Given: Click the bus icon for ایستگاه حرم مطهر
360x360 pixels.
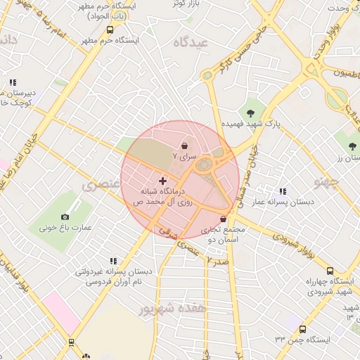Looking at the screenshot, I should click(110, 30).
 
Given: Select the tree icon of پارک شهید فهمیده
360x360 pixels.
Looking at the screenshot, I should click(250, 111).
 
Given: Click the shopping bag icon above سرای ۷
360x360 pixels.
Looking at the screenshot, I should click(185, 146).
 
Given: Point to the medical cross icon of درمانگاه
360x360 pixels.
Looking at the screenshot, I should click(162, 181).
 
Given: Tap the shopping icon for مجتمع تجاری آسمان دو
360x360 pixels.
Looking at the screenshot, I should click(224, 219).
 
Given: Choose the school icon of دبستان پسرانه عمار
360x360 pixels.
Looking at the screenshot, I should click(283, 191).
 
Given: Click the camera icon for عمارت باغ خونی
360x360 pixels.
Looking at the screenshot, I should click(65, 217).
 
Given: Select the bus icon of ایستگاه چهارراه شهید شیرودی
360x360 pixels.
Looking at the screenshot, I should click(330, 271).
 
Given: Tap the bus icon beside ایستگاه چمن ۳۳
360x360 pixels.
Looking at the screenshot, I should click(302, 329).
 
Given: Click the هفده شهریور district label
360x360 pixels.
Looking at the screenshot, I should click(173, 308).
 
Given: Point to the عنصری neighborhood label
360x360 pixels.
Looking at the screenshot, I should click(99, 186).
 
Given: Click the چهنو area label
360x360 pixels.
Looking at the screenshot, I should click(328, 184).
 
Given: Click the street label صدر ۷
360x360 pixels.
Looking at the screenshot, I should click(218, 260).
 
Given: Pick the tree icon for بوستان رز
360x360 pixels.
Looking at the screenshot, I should click(351, 146).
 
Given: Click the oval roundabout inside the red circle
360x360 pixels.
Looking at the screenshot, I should click(205, 166).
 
